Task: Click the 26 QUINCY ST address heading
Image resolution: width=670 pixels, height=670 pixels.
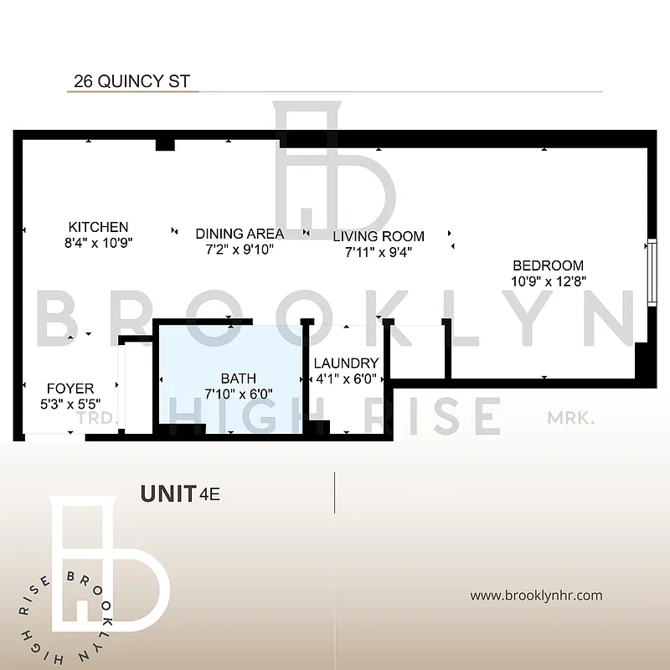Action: pyautogui.click(x=132, y=81)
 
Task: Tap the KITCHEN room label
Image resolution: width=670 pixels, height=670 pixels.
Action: pyautogui.click(x=99, y=227)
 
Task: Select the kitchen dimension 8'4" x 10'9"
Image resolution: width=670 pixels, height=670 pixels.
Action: pyautogui.click(x=100, y=242)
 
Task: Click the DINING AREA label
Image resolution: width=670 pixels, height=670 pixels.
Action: pyautogui.click(x=240, y=234)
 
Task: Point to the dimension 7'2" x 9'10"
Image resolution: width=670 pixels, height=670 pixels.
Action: pyautogui.click(x=240, y=249)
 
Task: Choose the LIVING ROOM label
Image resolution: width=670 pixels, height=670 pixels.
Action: pyautogui.click(x=379, y=236)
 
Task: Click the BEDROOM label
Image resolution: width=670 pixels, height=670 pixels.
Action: pyautogui.click(x=548, y=265)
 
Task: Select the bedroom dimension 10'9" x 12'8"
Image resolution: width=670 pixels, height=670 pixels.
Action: pyautogui.click(x=548, y=281)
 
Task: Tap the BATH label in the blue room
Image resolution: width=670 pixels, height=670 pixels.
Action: pyautogui.click(x=239, y=379)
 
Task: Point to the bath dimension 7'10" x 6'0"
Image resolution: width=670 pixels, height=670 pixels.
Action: pyautogui.click(x=239, y=394)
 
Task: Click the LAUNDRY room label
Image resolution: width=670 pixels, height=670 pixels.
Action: pyautogui.click(x=346, y=363)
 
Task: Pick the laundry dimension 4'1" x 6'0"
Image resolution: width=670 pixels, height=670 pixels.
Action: pyautogui.click(x=346, y=379)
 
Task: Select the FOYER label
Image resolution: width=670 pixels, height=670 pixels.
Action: pyautogui.click(x=70, y=389)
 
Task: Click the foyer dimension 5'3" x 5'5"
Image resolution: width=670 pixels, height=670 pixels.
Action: pyautogui.click(x=70, y=404)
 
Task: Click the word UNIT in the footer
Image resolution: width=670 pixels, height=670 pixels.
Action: pyautogui.click(x=168, y=493)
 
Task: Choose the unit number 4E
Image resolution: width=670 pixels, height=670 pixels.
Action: pyautogui.click(x=209, y=494)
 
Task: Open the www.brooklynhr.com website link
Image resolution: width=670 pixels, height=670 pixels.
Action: pyautogui.click(x=536, y=595)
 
